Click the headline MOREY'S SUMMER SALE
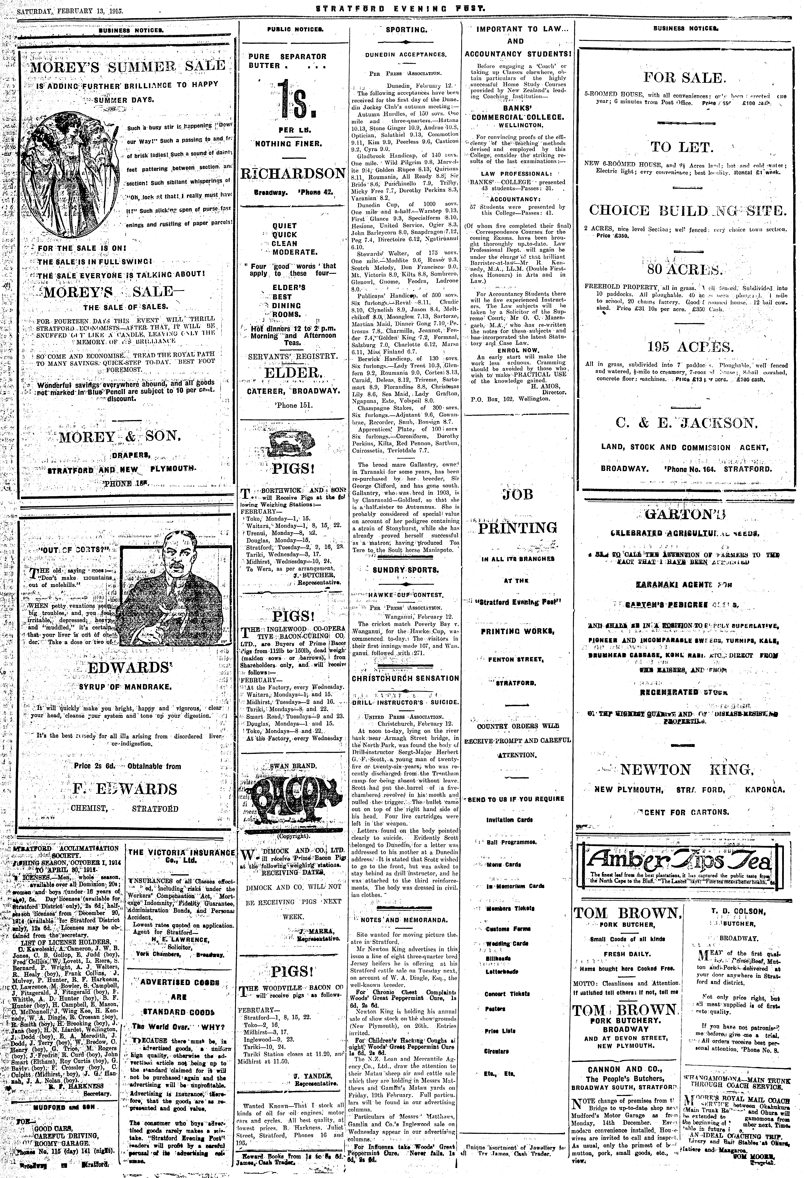pyautogui.click(x=127, y=66)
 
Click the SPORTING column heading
pyautogui.click(x=406, y=30)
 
